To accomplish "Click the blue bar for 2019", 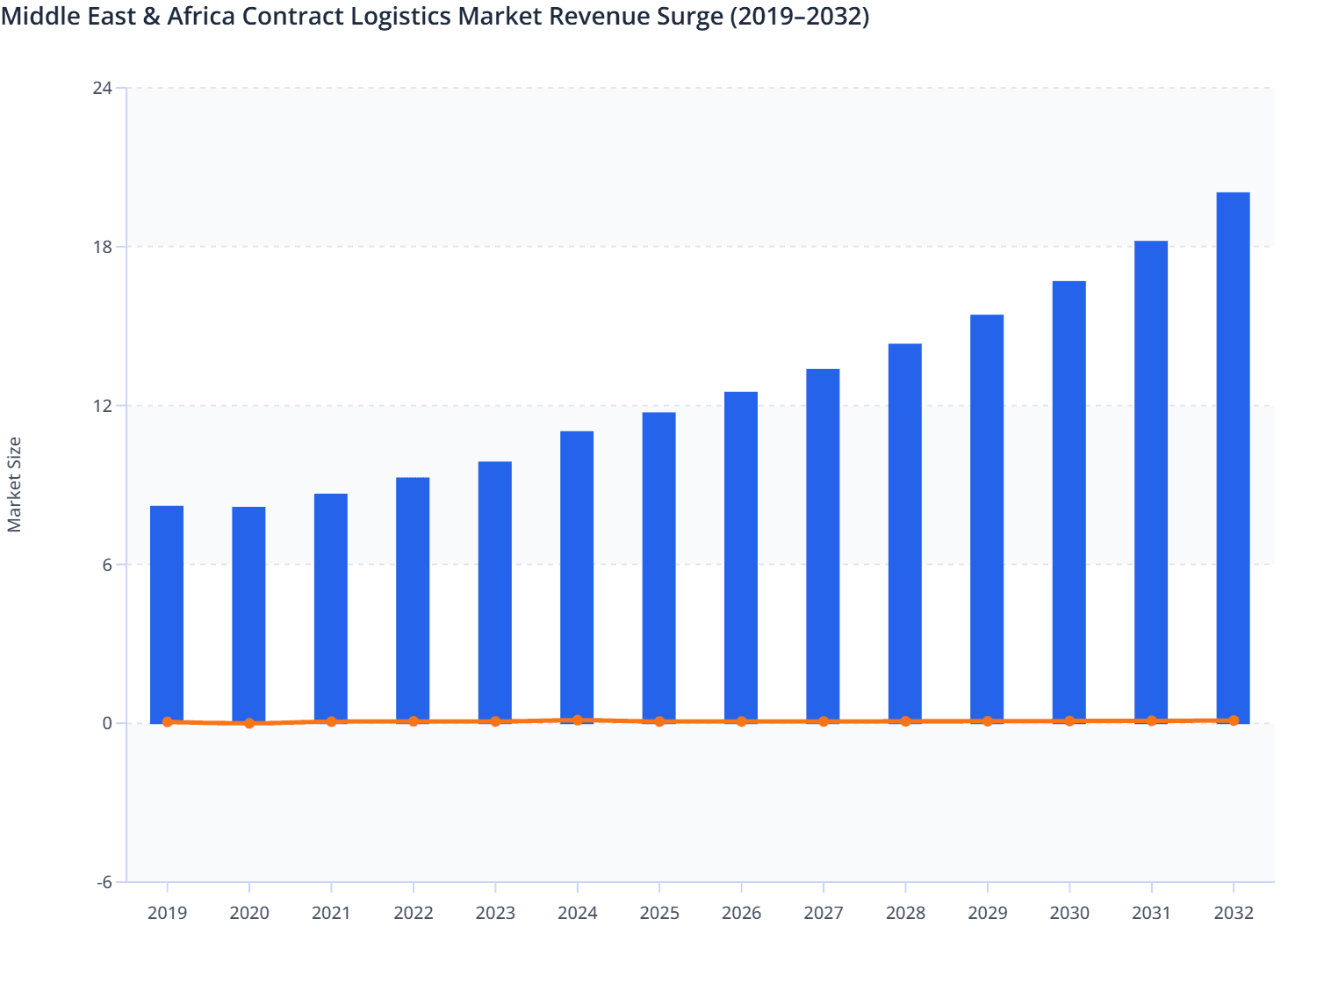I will (x=167, y=614).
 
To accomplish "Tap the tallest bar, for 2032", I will (x=1233, y=457).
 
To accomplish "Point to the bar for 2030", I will (x=1069, y=502).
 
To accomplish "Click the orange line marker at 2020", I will (x=249, y=723).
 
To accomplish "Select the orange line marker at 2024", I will (x=577, y=720).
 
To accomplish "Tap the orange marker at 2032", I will (x=1233, y=720).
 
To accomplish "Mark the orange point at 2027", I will (x=824, y=721).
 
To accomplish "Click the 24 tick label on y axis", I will (x=102, y=88).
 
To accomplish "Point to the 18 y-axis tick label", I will (x=102, y=247).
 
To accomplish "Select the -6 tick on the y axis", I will (x=104, y=882).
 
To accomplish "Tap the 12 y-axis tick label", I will (x=102, y=406).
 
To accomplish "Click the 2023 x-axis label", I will (x=495, y=913).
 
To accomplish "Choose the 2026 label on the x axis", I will (x=741, y=913).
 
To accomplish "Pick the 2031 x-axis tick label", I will (x=1151, y=913).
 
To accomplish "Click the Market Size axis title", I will (x=14, y=485).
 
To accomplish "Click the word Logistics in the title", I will (x=401, y=17).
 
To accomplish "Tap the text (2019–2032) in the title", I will (x=799, y=17).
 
